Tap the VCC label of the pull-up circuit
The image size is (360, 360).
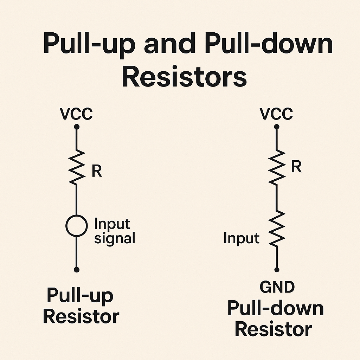pos(76,114)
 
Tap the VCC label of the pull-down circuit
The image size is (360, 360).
pos(276,114)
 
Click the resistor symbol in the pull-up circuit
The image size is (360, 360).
pos(77,166)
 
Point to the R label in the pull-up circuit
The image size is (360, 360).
pos(96,171)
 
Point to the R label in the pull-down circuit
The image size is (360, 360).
pos(296,167)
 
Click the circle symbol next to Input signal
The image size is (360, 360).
pos(76,226)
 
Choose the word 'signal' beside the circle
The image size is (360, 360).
pos(115,238)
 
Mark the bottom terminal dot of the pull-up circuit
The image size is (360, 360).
pos(77,270)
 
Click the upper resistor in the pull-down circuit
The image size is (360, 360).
pos(277,166)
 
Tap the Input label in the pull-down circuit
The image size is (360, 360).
pos(241,238)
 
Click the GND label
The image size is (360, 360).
pos(277,287)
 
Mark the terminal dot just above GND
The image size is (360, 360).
pos(277,270)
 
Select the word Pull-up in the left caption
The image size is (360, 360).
pos(80,296)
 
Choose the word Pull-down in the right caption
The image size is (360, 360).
pos(275,309)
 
